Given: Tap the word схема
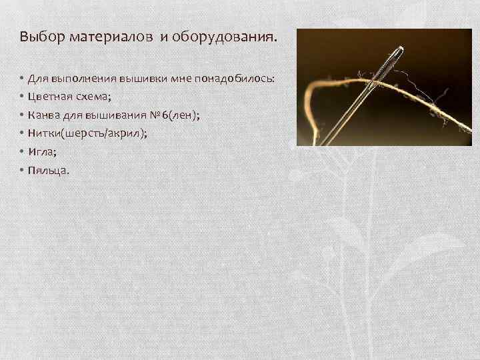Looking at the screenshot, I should click(95, 96).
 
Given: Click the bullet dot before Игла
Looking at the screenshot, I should click(22, 151).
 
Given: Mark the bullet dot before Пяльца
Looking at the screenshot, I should click(22, 170).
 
